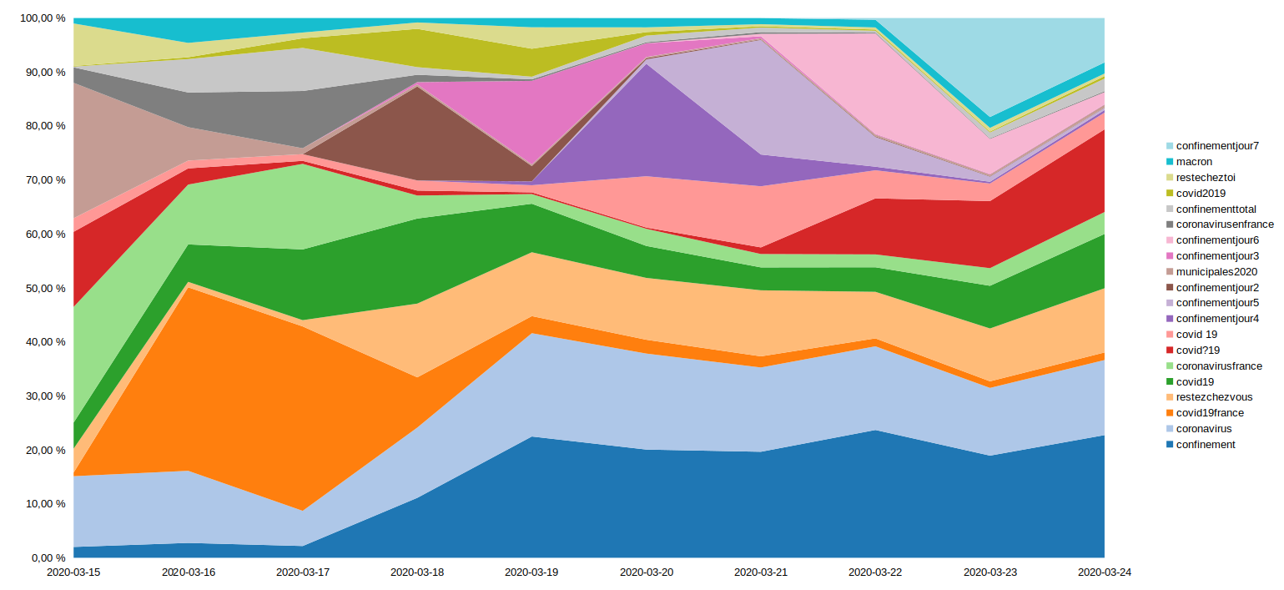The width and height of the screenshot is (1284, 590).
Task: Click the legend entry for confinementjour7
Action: pyautogui.click(x=1216, y=146)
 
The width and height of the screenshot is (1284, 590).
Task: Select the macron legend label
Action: pyautogui.click(x=1194, y=162)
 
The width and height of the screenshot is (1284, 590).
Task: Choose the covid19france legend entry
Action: pyautogui.click(x=1210, y=413)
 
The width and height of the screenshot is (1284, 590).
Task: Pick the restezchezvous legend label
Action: pyautogui.click(x=1214, y=397)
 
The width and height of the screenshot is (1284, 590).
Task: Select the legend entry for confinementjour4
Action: pyautogui.click(x=1217, y=319)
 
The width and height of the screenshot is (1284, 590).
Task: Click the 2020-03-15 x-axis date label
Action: pyautogui.click(x=73, y=572)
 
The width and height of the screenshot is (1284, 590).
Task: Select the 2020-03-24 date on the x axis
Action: pyautogui.click(x=1105, y=572)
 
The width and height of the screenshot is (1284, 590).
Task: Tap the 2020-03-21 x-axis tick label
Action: pyautogui.click(x=761, y=572)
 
